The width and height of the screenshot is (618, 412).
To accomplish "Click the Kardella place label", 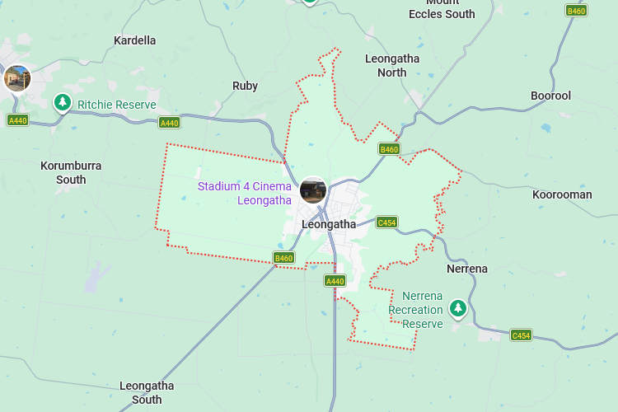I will [134, 40].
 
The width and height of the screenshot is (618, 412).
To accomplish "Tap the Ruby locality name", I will [245, 86].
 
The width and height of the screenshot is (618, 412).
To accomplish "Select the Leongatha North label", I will [392, 65].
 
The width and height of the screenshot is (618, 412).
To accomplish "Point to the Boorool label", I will [550, 96].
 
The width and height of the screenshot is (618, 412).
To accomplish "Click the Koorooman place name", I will [562, 194].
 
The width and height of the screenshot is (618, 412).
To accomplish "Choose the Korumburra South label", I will [71, 172].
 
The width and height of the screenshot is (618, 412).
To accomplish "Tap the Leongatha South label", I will [147, 392].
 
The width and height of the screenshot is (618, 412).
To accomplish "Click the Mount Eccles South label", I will [442, 9].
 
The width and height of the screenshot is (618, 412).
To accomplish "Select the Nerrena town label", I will [467, 269].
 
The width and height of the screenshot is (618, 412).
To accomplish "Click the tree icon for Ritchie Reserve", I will [63, 102].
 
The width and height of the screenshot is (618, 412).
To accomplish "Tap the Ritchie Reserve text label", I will [116, 105].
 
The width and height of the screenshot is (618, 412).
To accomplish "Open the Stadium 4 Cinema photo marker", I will [313, 190].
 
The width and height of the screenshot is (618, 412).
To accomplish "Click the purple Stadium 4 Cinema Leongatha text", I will [245, 193].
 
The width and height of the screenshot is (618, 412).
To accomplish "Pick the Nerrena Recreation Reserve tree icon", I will [457, 309].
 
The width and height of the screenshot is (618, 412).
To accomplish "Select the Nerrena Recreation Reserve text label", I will [415, 310].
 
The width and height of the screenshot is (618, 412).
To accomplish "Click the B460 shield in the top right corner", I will [576, 11].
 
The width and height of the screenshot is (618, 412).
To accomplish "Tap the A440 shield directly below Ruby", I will [169, 123].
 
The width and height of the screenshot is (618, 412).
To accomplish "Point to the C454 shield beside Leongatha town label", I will [386, 222].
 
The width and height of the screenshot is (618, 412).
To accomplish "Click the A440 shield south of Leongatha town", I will [335, 281].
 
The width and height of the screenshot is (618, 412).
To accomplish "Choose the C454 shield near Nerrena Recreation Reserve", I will [521, 335].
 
